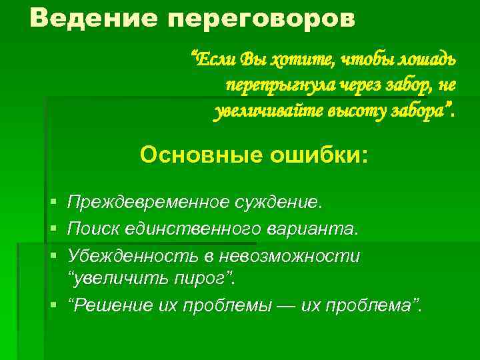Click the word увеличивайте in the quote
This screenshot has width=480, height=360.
(x=266, y=110)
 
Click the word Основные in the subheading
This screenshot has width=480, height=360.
(x=200, y=155)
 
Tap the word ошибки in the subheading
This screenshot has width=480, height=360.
(x=313, y=155)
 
